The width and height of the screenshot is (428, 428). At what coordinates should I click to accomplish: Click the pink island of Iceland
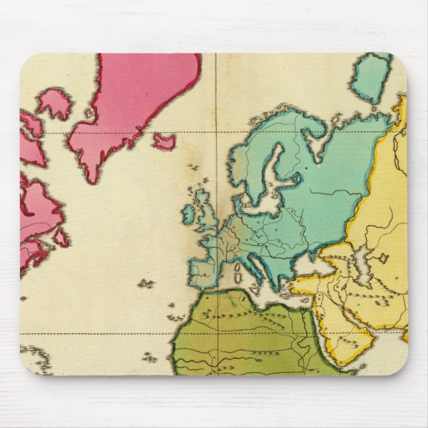coord(163,142)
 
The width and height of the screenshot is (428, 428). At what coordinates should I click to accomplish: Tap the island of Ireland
coord(189,213)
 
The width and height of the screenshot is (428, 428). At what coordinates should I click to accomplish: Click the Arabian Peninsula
coord(352,332)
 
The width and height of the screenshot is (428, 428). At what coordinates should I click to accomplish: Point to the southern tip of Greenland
coord(92,178)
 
